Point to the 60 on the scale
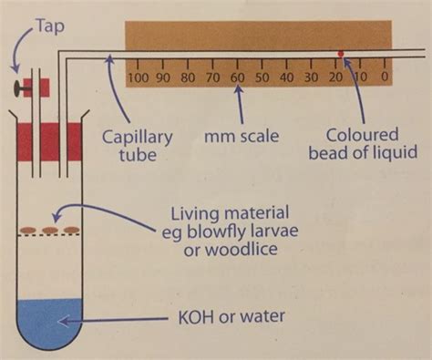(238, 77)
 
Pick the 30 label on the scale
(312, 77)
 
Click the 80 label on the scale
(189, 77)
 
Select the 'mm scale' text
(240, 136)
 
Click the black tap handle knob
(18, 87)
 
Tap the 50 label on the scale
(262, 77)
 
